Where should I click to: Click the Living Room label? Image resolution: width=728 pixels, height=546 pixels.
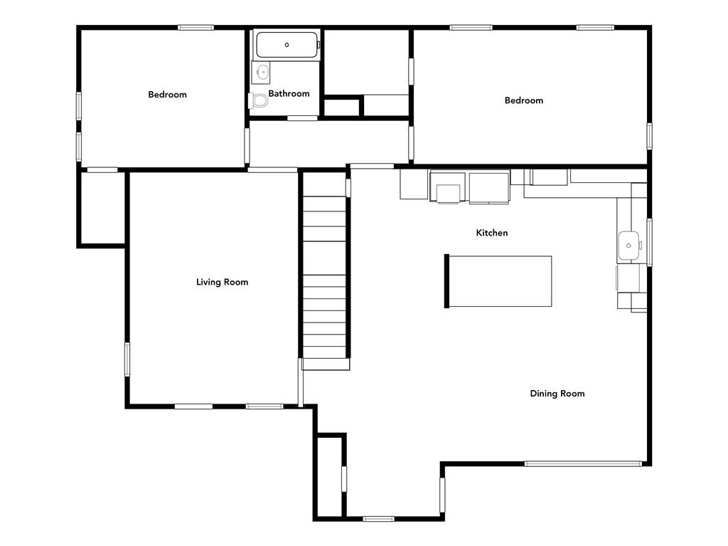pos(222,282)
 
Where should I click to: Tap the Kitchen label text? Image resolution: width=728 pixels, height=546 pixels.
pos(492,233)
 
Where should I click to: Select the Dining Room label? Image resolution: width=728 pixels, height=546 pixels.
pos(557,394)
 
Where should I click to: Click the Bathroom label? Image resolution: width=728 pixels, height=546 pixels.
pos(289,93)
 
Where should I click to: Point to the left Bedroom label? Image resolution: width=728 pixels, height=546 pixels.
pos(167,95)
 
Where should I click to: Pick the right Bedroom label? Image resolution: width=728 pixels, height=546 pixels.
pos(524,100)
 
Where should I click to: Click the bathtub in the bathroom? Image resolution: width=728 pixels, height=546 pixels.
pos(287,45)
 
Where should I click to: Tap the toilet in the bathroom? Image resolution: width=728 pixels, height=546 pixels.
pos(259,100)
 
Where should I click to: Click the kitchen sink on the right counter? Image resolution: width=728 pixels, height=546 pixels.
pos(629,246)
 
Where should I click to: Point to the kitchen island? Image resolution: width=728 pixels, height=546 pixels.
pos(498,281)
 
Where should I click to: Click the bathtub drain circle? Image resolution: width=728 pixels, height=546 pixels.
pos(287,45)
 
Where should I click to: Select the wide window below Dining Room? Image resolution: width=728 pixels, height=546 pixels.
pos(583,463)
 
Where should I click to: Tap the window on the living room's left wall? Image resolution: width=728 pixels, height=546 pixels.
pos(127,359)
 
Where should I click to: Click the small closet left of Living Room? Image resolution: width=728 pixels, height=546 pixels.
pos(102,207)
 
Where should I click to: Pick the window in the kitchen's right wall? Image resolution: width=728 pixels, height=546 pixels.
pos(650,242)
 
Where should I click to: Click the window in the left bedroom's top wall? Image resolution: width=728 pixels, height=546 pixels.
pos(196,28)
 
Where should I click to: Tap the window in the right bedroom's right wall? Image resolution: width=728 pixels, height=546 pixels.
pos(650,136)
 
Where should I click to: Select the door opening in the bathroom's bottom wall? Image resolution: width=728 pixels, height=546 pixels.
pos(302,118)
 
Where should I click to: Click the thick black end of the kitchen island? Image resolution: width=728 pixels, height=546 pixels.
pos(446,281)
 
